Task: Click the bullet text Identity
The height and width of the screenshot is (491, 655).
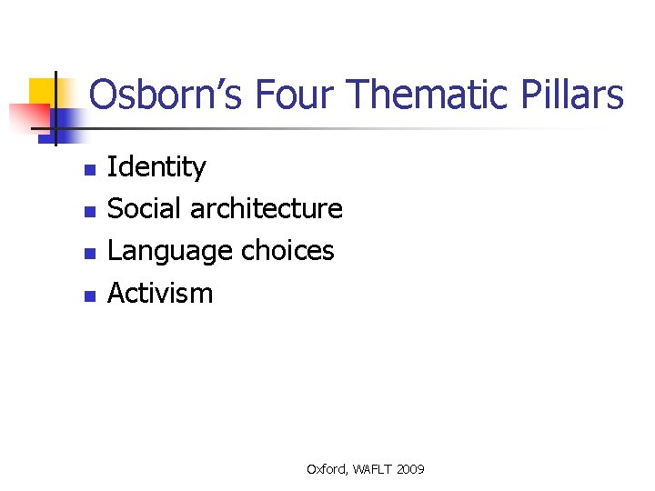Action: [x=156, y=167]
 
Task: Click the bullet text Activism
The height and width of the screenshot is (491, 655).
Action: [x=160, y=293]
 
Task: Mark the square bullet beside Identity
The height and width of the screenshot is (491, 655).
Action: [x=88, y=170]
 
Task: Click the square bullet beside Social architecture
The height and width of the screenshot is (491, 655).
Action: [x=88, y=212]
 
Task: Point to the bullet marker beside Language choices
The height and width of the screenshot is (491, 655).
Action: [x=88, y=254]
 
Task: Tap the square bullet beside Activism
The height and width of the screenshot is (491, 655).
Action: [x=88, y=296]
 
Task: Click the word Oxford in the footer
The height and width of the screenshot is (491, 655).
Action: [x=327, y=469]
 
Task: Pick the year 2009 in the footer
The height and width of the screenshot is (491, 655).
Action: [x=411, y=469]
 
